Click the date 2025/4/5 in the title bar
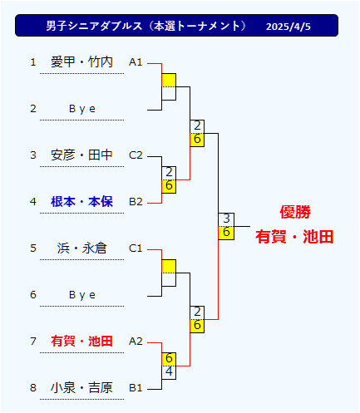pyautogui.click(x=288, y=27)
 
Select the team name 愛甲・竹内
pyautogui.click(x=81, y=61)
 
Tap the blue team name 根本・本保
pyautogui.click(x=81, y=201)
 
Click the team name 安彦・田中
pyautogui.click(x=81, y=155)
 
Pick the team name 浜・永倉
pyautogui.click(x=81, y=248)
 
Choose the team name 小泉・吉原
pyautogui.click(x=81, y=387)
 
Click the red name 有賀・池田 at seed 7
pyautogui.click(x=81, y=341)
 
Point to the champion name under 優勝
pyautogui.click(x=294, y=237)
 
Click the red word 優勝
pyautogui.click(x=295, y=212)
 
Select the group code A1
pyautogui.click(x=136, y=62)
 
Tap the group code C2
pyautogui.click(x=136, y=155)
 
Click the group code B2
pyautogui.click(x=136, y=202)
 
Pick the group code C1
pyautogui.click(x=136, y=248)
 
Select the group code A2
pyautogui.click(x=136, y=342)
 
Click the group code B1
pyautogui.click(x=136, y=388)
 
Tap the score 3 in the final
pyautogui.click(x=226, y=219)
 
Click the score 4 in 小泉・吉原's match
pyautogui.click(x=169, y=371)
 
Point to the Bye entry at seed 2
pyautogui.click(x=82, y=109)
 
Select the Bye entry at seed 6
pyautogui.click(x=82, y=295)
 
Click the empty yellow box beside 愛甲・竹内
pyautogui.click(x=169, y=80)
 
